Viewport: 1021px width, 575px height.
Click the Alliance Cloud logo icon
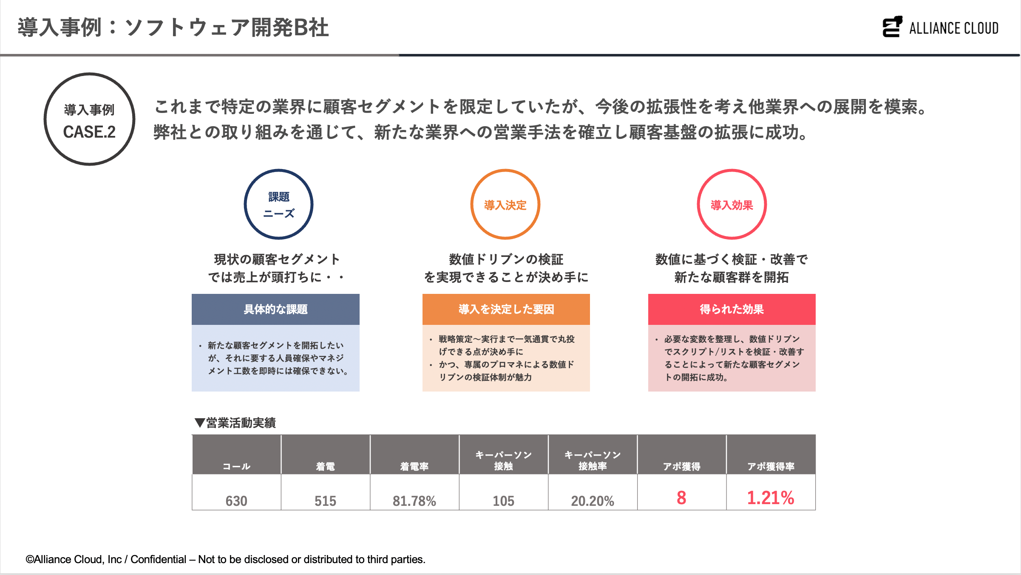892,27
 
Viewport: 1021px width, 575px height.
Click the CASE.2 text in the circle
89,132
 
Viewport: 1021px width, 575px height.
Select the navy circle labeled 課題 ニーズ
278,204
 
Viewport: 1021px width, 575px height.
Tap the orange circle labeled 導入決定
505,204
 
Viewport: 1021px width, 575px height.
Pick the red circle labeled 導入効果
732,204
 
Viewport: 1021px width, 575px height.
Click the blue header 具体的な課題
275,309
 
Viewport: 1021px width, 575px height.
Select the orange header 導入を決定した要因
506,309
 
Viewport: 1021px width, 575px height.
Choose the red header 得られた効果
732,309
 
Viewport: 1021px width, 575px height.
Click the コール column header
236,466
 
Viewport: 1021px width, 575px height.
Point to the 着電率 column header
414,466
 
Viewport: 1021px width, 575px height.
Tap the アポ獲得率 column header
771,466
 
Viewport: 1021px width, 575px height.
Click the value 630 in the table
236,501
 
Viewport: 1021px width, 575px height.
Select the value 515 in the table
325,501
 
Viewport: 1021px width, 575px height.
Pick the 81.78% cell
414,501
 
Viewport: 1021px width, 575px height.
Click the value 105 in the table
503,501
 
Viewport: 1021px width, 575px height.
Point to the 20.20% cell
593,501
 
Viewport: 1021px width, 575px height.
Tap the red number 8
681,498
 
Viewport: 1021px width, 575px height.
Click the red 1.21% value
771,498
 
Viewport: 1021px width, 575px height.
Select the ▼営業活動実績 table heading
235,423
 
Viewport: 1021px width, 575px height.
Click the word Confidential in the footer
158,559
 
